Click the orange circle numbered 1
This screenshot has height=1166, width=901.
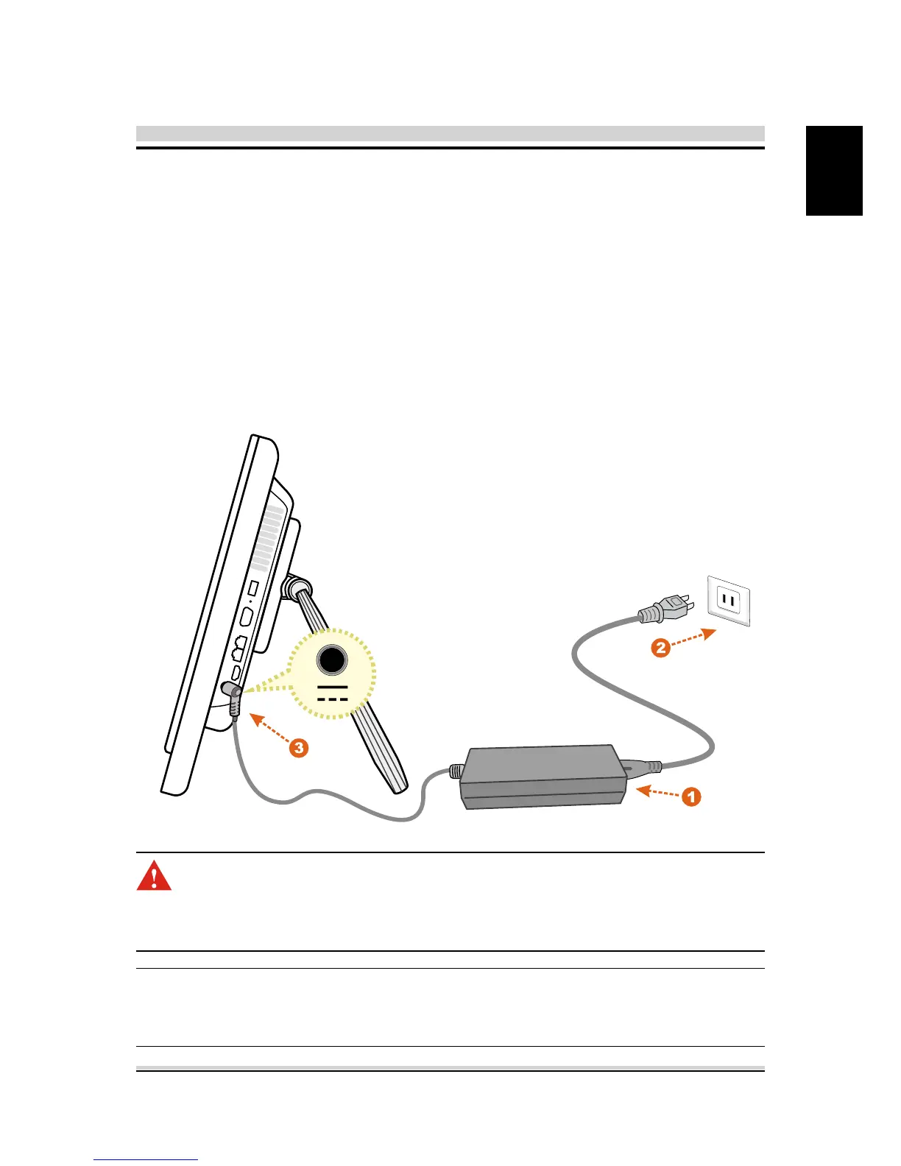690,796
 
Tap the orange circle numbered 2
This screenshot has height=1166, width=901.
660,648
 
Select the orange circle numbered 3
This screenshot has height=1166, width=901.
298,748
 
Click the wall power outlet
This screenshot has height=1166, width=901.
728,601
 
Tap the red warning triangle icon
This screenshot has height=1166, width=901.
154,876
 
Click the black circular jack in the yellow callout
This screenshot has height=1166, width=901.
332,660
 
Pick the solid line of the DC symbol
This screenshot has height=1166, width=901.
333,686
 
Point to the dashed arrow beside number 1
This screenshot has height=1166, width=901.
657,792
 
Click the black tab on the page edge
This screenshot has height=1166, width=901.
834,170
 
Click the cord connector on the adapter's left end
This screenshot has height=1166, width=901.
456,771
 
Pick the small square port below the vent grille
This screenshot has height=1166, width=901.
254,589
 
